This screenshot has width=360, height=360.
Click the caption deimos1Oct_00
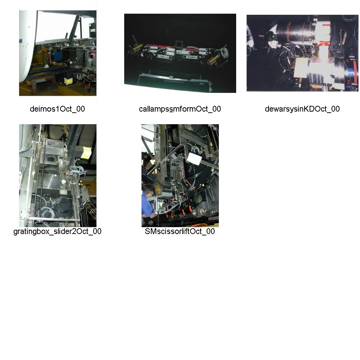(57, 109)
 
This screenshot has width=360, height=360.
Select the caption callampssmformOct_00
(180, 109)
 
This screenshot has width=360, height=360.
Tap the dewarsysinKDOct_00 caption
(302, 109)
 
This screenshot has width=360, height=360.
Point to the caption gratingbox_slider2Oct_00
(57, 231)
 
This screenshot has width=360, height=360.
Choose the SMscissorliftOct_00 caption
(180, 231)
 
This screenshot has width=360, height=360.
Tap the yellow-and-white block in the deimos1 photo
(68, 81)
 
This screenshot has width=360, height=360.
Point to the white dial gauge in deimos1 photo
(71, 62)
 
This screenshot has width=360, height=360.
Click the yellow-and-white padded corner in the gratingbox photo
(86, 152)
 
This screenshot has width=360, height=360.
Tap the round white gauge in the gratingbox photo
(63, 181)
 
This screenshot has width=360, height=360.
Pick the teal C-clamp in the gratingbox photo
(75, 170)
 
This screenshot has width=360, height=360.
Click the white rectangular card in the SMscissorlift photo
(194, 158)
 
